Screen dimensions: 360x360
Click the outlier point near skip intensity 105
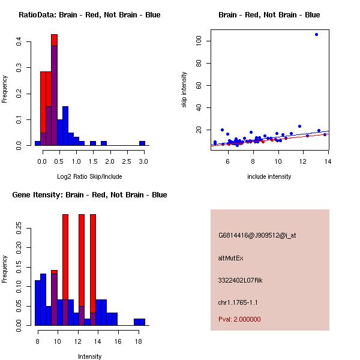[316, 35]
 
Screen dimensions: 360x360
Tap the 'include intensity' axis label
[269, 176]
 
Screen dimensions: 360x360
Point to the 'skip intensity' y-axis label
[185, 90]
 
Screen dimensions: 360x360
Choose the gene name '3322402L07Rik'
[241, 280]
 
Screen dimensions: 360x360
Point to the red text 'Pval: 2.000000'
[239, 319]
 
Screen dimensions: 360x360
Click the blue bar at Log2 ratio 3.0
[142, 143]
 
